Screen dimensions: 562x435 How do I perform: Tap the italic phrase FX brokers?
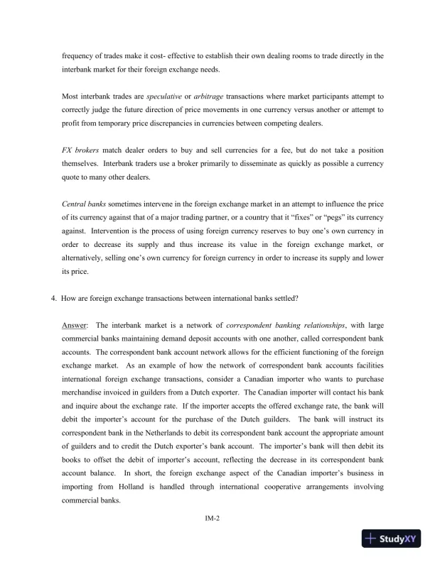(x=80, y=150)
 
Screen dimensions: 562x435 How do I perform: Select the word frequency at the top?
(x=79, y=55)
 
